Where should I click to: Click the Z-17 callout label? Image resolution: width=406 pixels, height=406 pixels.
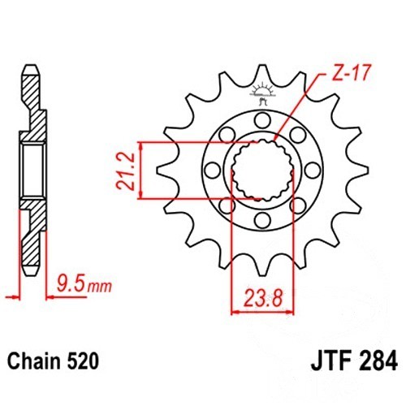[x=351, y=73]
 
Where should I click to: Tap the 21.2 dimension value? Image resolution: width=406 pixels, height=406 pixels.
[x=125, y=171]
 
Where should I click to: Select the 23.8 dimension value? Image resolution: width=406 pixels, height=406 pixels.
[x=263, y=298]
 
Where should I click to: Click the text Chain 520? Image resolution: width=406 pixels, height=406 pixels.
[x=53, y=361]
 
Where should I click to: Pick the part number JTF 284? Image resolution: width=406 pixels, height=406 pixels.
[x=354, y=361]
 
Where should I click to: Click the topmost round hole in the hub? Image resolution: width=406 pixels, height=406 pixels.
[x=262, y=120]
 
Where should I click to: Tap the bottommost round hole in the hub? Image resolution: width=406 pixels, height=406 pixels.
[x=262, y=221]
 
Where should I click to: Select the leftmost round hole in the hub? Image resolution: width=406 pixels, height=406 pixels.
[x=213, y=171]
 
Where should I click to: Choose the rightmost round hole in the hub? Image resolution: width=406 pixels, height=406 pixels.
[x=313, y=171]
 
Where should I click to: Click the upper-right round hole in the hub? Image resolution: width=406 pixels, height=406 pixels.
[x=298, y=135]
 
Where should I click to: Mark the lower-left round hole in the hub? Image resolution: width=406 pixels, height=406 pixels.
[x=227, y=206]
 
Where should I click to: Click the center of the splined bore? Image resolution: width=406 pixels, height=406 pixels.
[x=262, y=171]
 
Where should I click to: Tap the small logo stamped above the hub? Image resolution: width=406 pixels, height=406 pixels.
[x=262, y=93]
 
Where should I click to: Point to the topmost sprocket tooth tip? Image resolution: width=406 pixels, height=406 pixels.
[x=262, y=66]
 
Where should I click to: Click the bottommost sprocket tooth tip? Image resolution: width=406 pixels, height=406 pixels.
[x=262, y=275]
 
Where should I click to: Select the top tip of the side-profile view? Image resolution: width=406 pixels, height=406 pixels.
[x=31, y=65]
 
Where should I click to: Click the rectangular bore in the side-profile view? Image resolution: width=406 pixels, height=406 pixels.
[x=32, y=171]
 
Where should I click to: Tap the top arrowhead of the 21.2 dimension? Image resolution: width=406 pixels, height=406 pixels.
[x=140, y=146]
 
